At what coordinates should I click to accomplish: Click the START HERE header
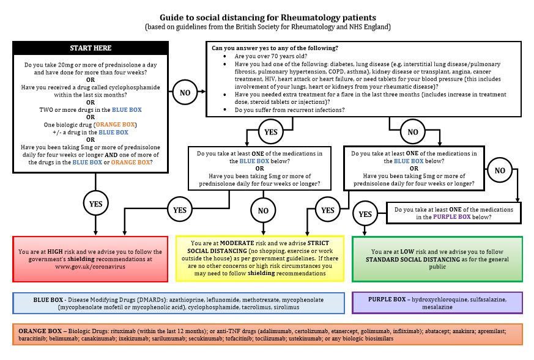[x=91, y=48]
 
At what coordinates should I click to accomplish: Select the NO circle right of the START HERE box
[x=185, y=92]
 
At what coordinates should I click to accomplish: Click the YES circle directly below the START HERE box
[x=95, y=204]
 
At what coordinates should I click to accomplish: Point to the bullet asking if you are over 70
[x=271, y=56]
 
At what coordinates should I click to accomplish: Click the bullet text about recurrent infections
[x=289, y=110]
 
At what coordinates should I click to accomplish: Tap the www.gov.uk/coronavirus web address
[x=91, y=266]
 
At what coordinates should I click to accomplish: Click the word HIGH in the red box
[x=55, y=252]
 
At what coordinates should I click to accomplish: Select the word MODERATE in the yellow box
[x=237, y=243]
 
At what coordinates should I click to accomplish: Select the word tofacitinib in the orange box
[x=238, y=339]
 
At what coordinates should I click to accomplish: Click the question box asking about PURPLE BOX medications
[x=454, y=213]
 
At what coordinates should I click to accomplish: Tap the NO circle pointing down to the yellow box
[x=263, y=211]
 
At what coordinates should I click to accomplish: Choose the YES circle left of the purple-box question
[x=365, y=214]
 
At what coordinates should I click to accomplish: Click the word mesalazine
[x=437, y=307]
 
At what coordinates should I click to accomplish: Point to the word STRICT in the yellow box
[x=318, y=243]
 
